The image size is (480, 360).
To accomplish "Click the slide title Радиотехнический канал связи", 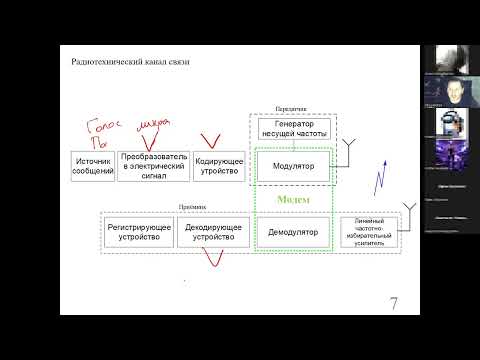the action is pos(130,62).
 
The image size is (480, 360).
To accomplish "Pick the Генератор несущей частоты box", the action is pos(293,129).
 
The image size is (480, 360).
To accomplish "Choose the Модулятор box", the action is pos(293,165).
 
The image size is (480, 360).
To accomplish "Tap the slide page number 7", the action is pos(394,303).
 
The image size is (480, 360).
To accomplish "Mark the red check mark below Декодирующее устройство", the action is pos(213,260).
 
